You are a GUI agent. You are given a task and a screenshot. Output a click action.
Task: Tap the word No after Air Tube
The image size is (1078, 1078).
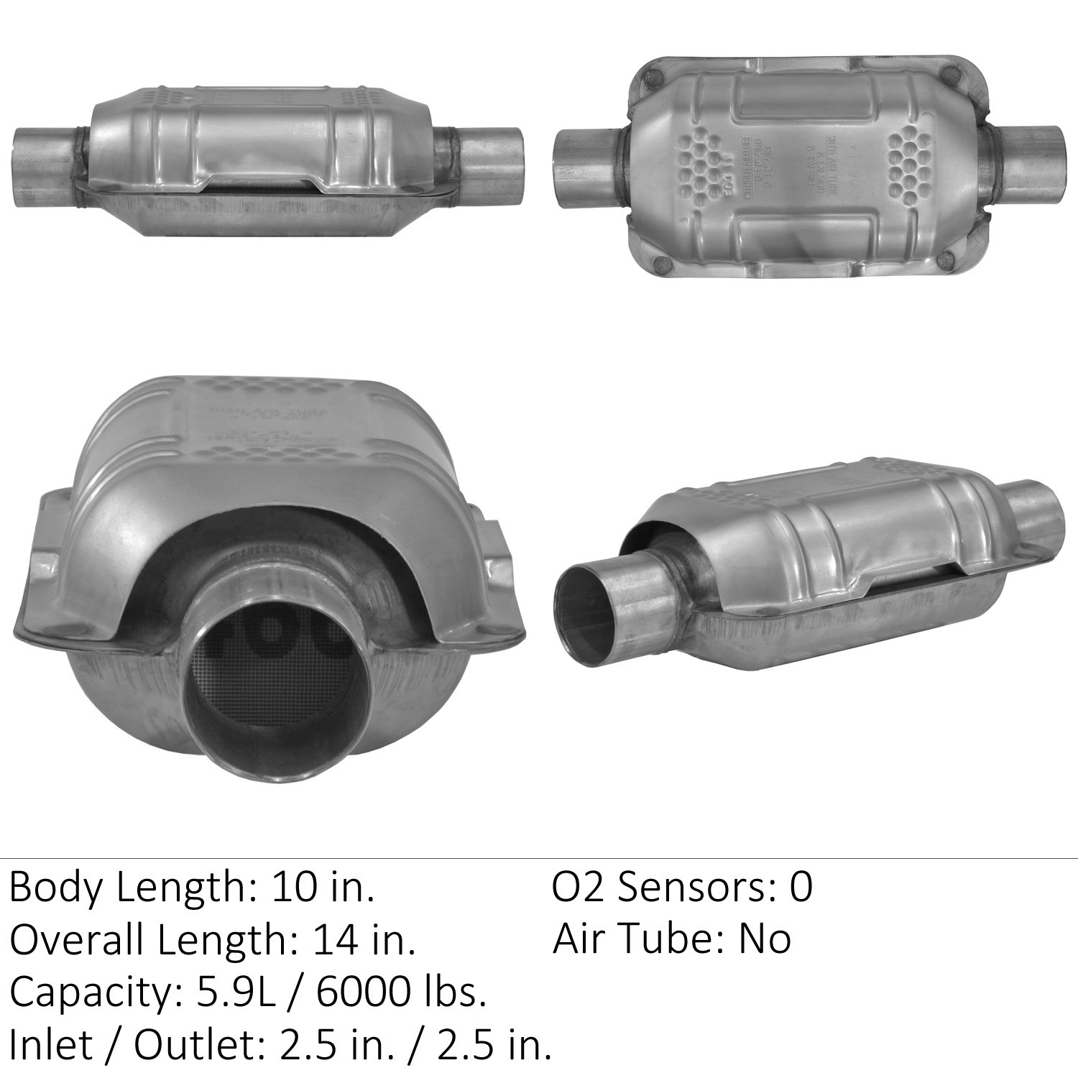coord(765,939)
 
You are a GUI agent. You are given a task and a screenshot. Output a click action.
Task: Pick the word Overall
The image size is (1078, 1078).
coord(77,940)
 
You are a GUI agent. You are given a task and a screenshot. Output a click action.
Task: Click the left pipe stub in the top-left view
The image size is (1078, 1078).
coord(43,165)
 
